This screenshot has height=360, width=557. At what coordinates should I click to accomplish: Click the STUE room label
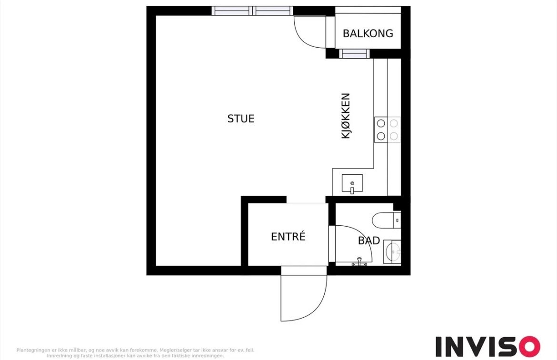241,119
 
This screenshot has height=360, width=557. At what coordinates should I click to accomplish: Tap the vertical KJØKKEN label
346,116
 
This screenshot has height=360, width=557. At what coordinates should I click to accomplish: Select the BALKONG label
368,33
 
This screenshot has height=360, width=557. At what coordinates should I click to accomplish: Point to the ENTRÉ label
288,237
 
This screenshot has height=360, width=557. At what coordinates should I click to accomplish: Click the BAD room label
368,241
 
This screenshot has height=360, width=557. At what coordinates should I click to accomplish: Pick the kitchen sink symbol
352,184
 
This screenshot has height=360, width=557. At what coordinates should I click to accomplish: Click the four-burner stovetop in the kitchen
387,130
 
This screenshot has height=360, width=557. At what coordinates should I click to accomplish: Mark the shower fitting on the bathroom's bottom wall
360,262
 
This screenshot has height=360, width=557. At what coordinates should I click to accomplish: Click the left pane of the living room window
231,11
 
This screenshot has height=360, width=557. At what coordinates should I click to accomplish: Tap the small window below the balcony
354,54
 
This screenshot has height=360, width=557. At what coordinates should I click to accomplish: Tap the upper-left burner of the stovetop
381,123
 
